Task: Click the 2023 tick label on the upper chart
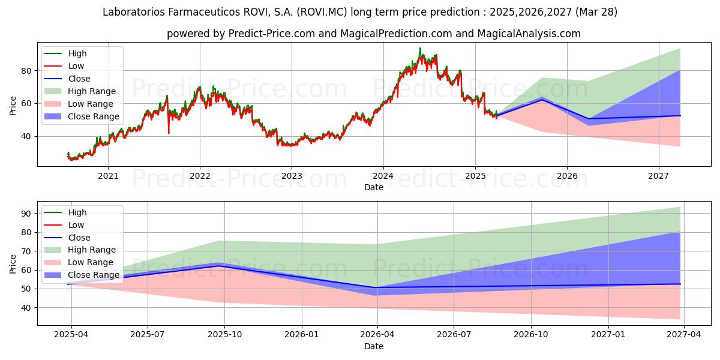[292, 176]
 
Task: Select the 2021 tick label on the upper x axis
[108, 176]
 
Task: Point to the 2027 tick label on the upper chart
[659, 176]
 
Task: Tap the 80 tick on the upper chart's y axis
[26, 71]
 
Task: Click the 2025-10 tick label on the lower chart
[224, 335]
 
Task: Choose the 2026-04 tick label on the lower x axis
[377, 335]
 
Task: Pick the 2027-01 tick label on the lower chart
[608, 335]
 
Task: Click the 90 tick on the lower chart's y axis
[26, 214]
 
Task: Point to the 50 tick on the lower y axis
[26, 289]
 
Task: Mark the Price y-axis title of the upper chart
[13, 106]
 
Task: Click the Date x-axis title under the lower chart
[373, 347]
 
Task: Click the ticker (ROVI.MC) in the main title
[322, 12]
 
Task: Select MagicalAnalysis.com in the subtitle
[529, 34]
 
